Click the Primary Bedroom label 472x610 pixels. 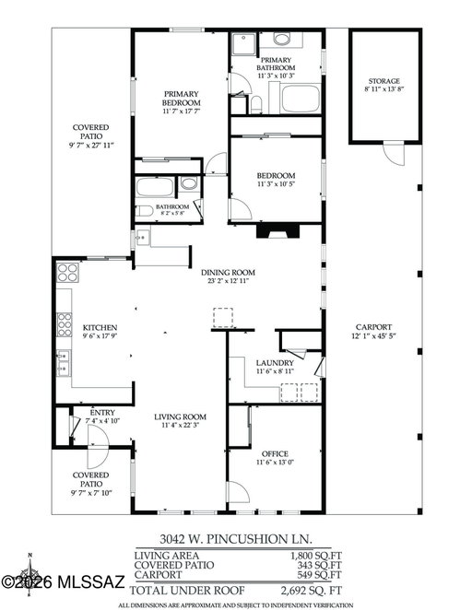(182, 99)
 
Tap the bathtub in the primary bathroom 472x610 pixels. (301, 99)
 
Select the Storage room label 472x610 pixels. (384, 81)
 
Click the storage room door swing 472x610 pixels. (394, 154)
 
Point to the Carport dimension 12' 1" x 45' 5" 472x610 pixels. (373, 336)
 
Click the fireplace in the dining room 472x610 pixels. (277, 230)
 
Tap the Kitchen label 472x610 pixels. (100, 327)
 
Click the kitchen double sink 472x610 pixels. (63, 362)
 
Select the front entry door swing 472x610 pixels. (98, 447)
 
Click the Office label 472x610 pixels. (275, 454)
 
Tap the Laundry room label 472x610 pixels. (275, 363)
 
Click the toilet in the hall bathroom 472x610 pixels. (144, 211)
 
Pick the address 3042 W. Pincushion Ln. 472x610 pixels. (236, 539)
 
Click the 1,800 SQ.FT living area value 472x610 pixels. (315, 556)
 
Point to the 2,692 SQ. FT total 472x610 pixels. (312, 591)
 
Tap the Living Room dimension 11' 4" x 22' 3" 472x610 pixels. (180, 425)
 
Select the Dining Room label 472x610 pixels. (228, 273)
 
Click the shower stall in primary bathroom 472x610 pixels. (244, 44)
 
